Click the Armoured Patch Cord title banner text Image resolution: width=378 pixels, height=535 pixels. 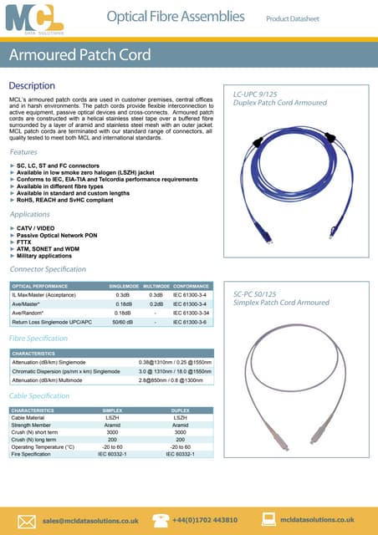click(80, 56)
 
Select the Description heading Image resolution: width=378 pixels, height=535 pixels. click(32, 86)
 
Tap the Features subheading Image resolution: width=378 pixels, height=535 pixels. click(23, 152)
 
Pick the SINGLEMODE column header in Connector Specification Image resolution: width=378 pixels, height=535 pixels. click(123, 287)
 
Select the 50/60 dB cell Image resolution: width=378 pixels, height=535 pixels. click(123, 322)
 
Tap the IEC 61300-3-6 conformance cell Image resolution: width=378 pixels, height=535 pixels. click(189, 322)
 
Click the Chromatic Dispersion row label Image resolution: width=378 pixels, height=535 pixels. click(66, 371)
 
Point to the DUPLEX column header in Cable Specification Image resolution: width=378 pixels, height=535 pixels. click(180, 410)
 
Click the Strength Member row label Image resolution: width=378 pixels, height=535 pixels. click(33, 425)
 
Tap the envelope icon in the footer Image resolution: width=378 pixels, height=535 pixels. click(26, 518)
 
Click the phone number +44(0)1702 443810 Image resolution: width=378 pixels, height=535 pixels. click(204, 520)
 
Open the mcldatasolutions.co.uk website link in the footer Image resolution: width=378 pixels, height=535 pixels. click(318, 520)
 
